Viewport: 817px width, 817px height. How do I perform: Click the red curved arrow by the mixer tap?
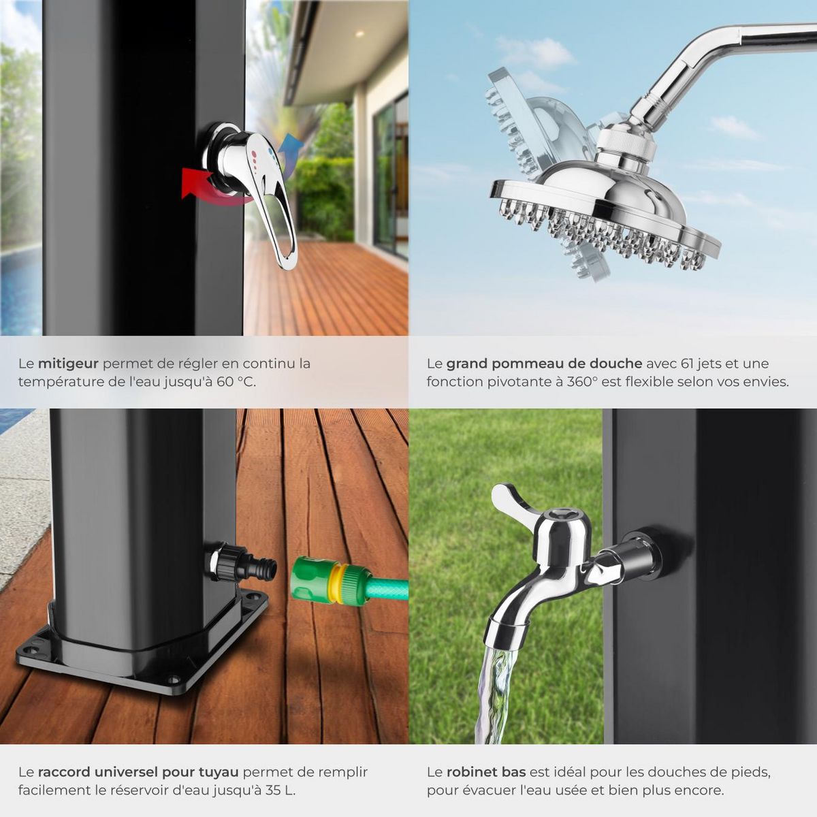[x=212, y=189]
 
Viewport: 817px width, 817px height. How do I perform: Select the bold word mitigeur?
[x=68, y=364]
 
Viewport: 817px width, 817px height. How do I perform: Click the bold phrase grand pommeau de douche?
[x=544, y=364]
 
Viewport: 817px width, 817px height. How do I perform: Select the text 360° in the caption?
[x=581, y=381]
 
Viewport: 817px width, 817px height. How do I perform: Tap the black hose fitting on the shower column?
[x=242, y=565]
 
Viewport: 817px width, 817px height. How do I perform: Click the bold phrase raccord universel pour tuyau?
[x=139, y=772]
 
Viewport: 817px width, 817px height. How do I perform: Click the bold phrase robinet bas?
[x=486, y=772]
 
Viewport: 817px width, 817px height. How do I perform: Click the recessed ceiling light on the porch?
[x=361, y=33]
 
